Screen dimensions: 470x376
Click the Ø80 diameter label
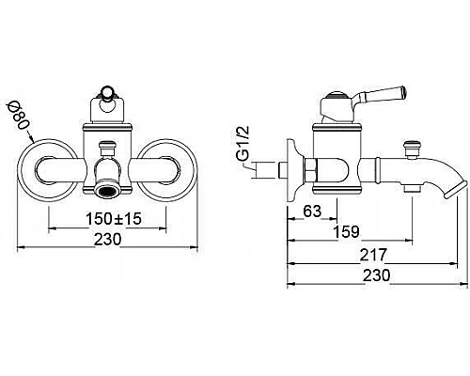(x=18, y=116)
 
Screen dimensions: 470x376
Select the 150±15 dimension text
(x=114, y=219)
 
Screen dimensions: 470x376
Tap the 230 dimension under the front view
(x=107, y=240)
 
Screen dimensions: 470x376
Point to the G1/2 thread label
(x=245, y=144)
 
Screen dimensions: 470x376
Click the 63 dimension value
(x=312, y=211)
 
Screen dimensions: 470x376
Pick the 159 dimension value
(x=346, y=232)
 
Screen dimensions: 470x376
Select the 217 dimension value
(x=373, y=255)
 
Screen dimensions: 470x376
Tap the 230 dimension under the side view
(x=377, y=275)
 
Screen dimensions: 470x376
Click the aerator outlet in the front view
(x=107, y=190)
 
